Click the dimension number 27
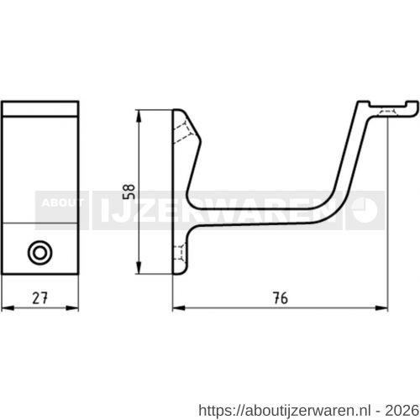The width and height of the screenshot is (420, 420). pos(39,298)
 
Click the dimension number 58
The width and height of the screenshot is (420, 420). pos(129,192)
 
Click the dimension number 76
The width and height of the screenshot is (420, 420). pos(280,298)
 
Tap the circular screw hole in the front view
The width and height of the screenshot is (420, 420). pos(40,253)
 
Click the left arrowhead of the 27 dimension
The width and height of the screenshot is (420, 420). pos(8,308)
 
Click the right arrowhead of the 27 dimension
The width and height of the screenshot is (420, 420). pos(72,308)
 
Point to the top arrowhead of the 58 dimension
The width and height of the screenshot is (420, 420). pos(139,116)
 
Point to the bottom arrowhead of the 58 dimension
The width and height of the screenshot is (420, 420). pos(139,267)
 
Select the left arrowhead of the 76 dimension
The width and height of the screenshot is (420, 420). pos(179,308)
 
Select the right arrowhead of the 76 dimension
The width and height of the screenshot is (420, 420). pos(381,308)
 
